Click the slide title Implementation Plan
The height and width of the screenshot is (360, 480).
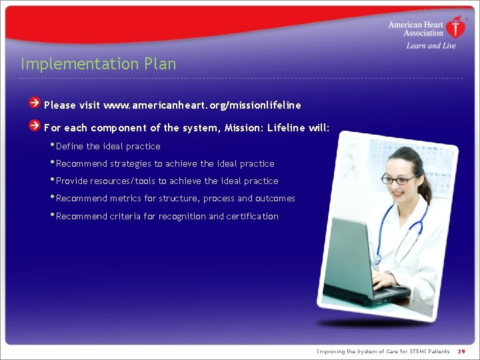tap(99, 64)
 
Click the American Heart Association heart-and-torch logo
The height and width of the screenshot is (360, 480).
tap(457, 27)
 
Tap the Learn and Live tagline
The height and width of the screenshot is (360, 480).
tap(431, 46)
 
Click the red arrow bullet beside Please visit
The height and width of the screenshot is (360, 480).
tap(35, 103)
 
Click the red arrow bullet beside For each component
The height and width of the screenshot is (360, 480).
tap(35, 126)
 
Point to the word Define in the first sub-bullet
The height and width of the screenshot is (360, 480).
tap(70, 147)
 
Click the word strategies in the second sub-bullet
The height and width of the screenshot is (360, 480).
tap(131, 164)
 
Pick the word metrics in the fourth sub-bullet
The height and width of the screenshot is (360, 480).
tap(126, 199)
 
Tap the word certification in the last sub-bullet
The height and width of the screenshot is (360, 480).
tap(252, 217)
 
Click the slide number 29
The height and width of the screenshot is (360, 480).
tap(461, 351)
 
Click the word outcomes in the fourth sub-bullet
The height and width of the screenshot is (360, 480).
tap(275, 199)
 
